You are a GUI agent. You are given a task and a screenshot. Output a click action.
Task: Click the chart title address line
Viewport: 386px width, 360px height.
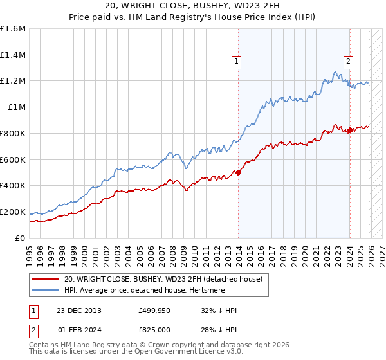[x=193, y=6]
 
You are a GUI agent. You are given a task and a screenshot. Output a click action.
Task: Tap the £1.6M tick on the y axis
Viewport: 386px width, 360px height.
[x=13, y=28]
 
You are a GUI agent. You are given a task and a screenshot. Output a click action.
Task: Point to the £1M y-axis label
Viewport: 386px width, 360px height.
[x=15, y=107]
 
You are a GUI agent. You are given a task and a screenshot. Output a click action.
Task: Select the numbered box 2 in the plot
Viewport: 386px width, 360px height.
[x=348, y=62]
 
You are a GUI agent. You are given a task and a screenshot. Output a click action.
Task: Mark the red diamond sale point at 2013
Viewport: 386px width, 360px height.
[x=238, y=172]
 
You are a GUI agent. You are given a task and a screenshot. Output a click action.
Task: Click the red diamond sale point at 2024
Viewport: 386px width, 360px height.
[x=349, y=130]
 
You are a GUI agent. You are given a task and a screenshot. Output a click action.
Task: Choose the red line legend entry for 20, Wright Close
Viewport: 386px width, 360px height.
[x=163, y=279]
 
